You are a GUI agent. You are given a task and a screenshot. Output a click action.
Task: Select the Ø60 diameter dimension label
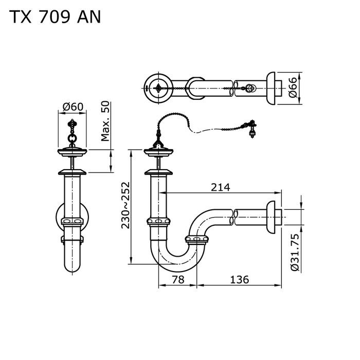73,107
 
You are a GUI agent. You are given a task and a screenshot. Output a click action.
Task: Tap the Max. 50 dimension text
105,121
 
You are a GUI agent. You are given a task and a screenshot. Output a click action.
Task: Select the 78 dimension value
177,280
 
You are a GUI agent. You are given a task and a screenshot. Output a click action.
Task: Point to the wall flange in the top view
272,88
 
